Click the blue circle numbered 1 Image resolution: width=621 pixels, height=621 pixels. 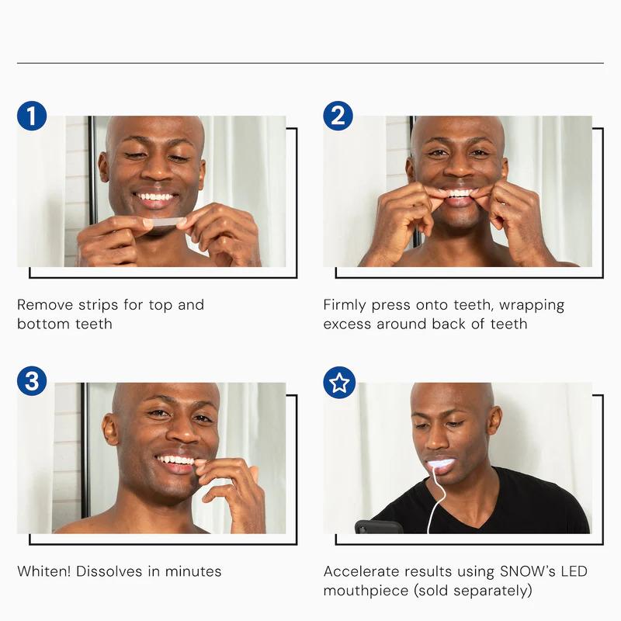[x=32, y=116]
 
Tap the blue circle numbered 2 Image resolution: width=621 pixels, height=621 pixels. [x=338, y=116]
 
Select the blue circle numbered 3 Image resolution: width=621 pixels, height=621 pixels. [x=32, y=381]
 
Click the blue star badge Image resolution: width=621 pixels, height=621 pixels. [x=339, y=383]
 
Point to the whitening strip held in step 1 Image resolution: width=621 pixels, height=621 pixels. [x=164, y=222]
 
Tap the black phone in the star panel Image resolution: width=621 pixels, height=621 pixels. [x=378, y=527]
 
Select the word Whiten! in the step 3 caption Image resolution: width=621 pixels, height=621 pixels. [x=44, y=571]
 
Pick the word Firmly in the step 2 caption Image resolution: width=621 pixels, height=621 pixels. [x=345, y=305]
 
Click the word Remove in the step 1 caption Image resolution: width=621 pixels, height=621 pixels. [x=45, y=305]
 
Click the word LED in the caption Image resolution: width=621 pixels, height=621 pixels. [x=574, y=571]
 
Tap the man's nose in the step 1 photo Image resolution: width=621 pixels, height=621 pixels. [x=158, y=173]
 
